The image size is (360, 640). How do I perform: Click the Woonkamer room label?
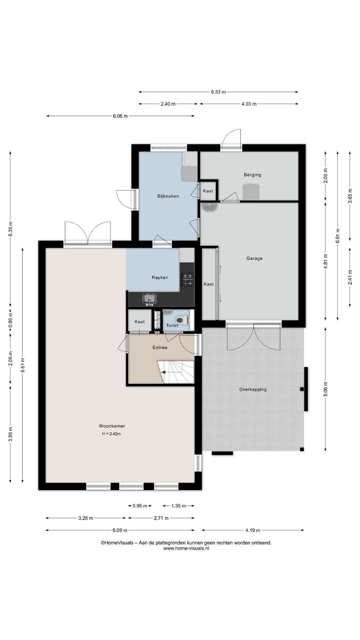tap(112, 426)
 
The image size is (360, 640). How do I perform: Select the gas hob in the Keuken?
tap(187, 279)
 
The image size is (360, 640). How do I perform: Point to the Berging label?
tap(252, 175)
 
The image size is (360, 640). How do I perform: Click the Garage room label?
tap(254, 258)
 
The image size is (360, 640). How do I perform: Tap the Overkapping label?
tap(253, 389)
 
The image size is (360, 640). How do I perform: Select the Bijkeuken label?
tap(168, 196)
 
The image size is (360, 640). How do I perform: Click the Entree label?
tap(160, 347)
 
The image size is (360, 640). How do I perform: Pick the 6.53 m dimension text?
tap(218, 92)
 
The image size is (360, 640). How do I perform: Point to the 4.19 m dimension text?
tap(253, 530)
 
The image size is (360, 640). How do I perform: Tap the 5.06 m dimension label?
tap(326, 389)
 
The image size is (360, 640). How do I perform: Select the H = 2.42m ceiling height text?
tap(111, 434)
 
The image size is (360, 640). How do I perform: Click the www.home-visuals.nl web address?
tap(186, 548)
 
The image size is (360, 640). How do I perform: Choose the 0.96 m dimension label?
tap(140, 506)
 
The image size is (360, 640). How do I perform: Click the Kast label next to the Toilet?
tap(140, 322)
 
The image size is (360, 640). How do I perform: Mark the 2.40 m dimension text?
tap(168, 104)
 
